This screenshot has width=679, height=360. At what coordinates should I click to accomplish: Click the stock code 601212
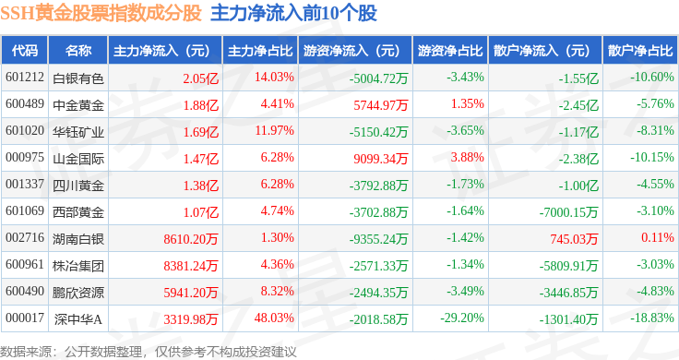coord(25,78)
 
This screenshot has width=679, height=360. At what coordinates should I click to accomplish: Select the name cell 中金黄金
coord(78,105)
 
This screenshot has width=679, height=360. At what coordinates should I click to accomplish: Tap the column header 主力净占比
coord(260,51)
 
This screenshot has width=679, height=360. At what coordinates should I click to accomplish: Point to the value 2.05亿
coord(200,78)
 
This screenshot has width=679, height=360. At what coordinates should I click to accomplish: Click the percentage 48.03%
coord(274,318)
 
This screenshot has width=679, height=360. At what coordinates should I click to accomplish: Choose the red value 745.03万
coord(574,239)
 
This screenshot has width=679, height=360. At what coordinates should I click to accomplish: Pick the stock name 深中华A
coord(78,319)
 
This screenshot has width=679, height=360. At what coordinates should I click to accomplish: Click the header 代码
coord(25,51)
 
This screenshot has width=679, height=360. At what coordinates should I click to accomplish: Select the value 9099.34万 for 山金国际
coord(381,159)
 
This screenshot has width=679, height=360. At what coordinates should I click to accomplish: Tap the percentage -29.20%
coord(462,318)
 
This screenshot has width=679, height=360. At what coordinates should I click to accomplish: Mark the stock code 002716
coord(25,237)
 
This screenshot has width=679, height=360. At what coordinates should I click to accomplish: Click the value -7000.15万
coord(568,212)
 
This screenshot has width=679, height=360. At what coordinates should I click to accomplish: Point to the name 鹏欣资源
coord(78,293)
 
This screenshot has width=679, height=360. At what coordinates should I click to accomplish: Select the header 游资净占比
coord(450,51)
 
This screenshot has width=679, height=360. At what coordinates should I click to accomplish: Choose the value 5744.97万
coord(381,105)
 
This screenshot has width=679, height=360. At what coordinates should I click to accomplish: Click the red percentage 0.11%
coord(658,237)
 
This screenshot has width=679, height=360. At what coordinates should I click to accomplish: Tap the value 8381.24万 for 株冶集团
coord(191,266)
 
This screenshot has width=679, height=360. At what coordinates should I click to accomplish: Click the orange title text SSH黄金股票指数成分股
coord(101,13)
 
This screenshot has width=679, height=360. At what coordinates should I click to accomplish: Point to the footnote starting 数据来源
coord(149,352)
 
